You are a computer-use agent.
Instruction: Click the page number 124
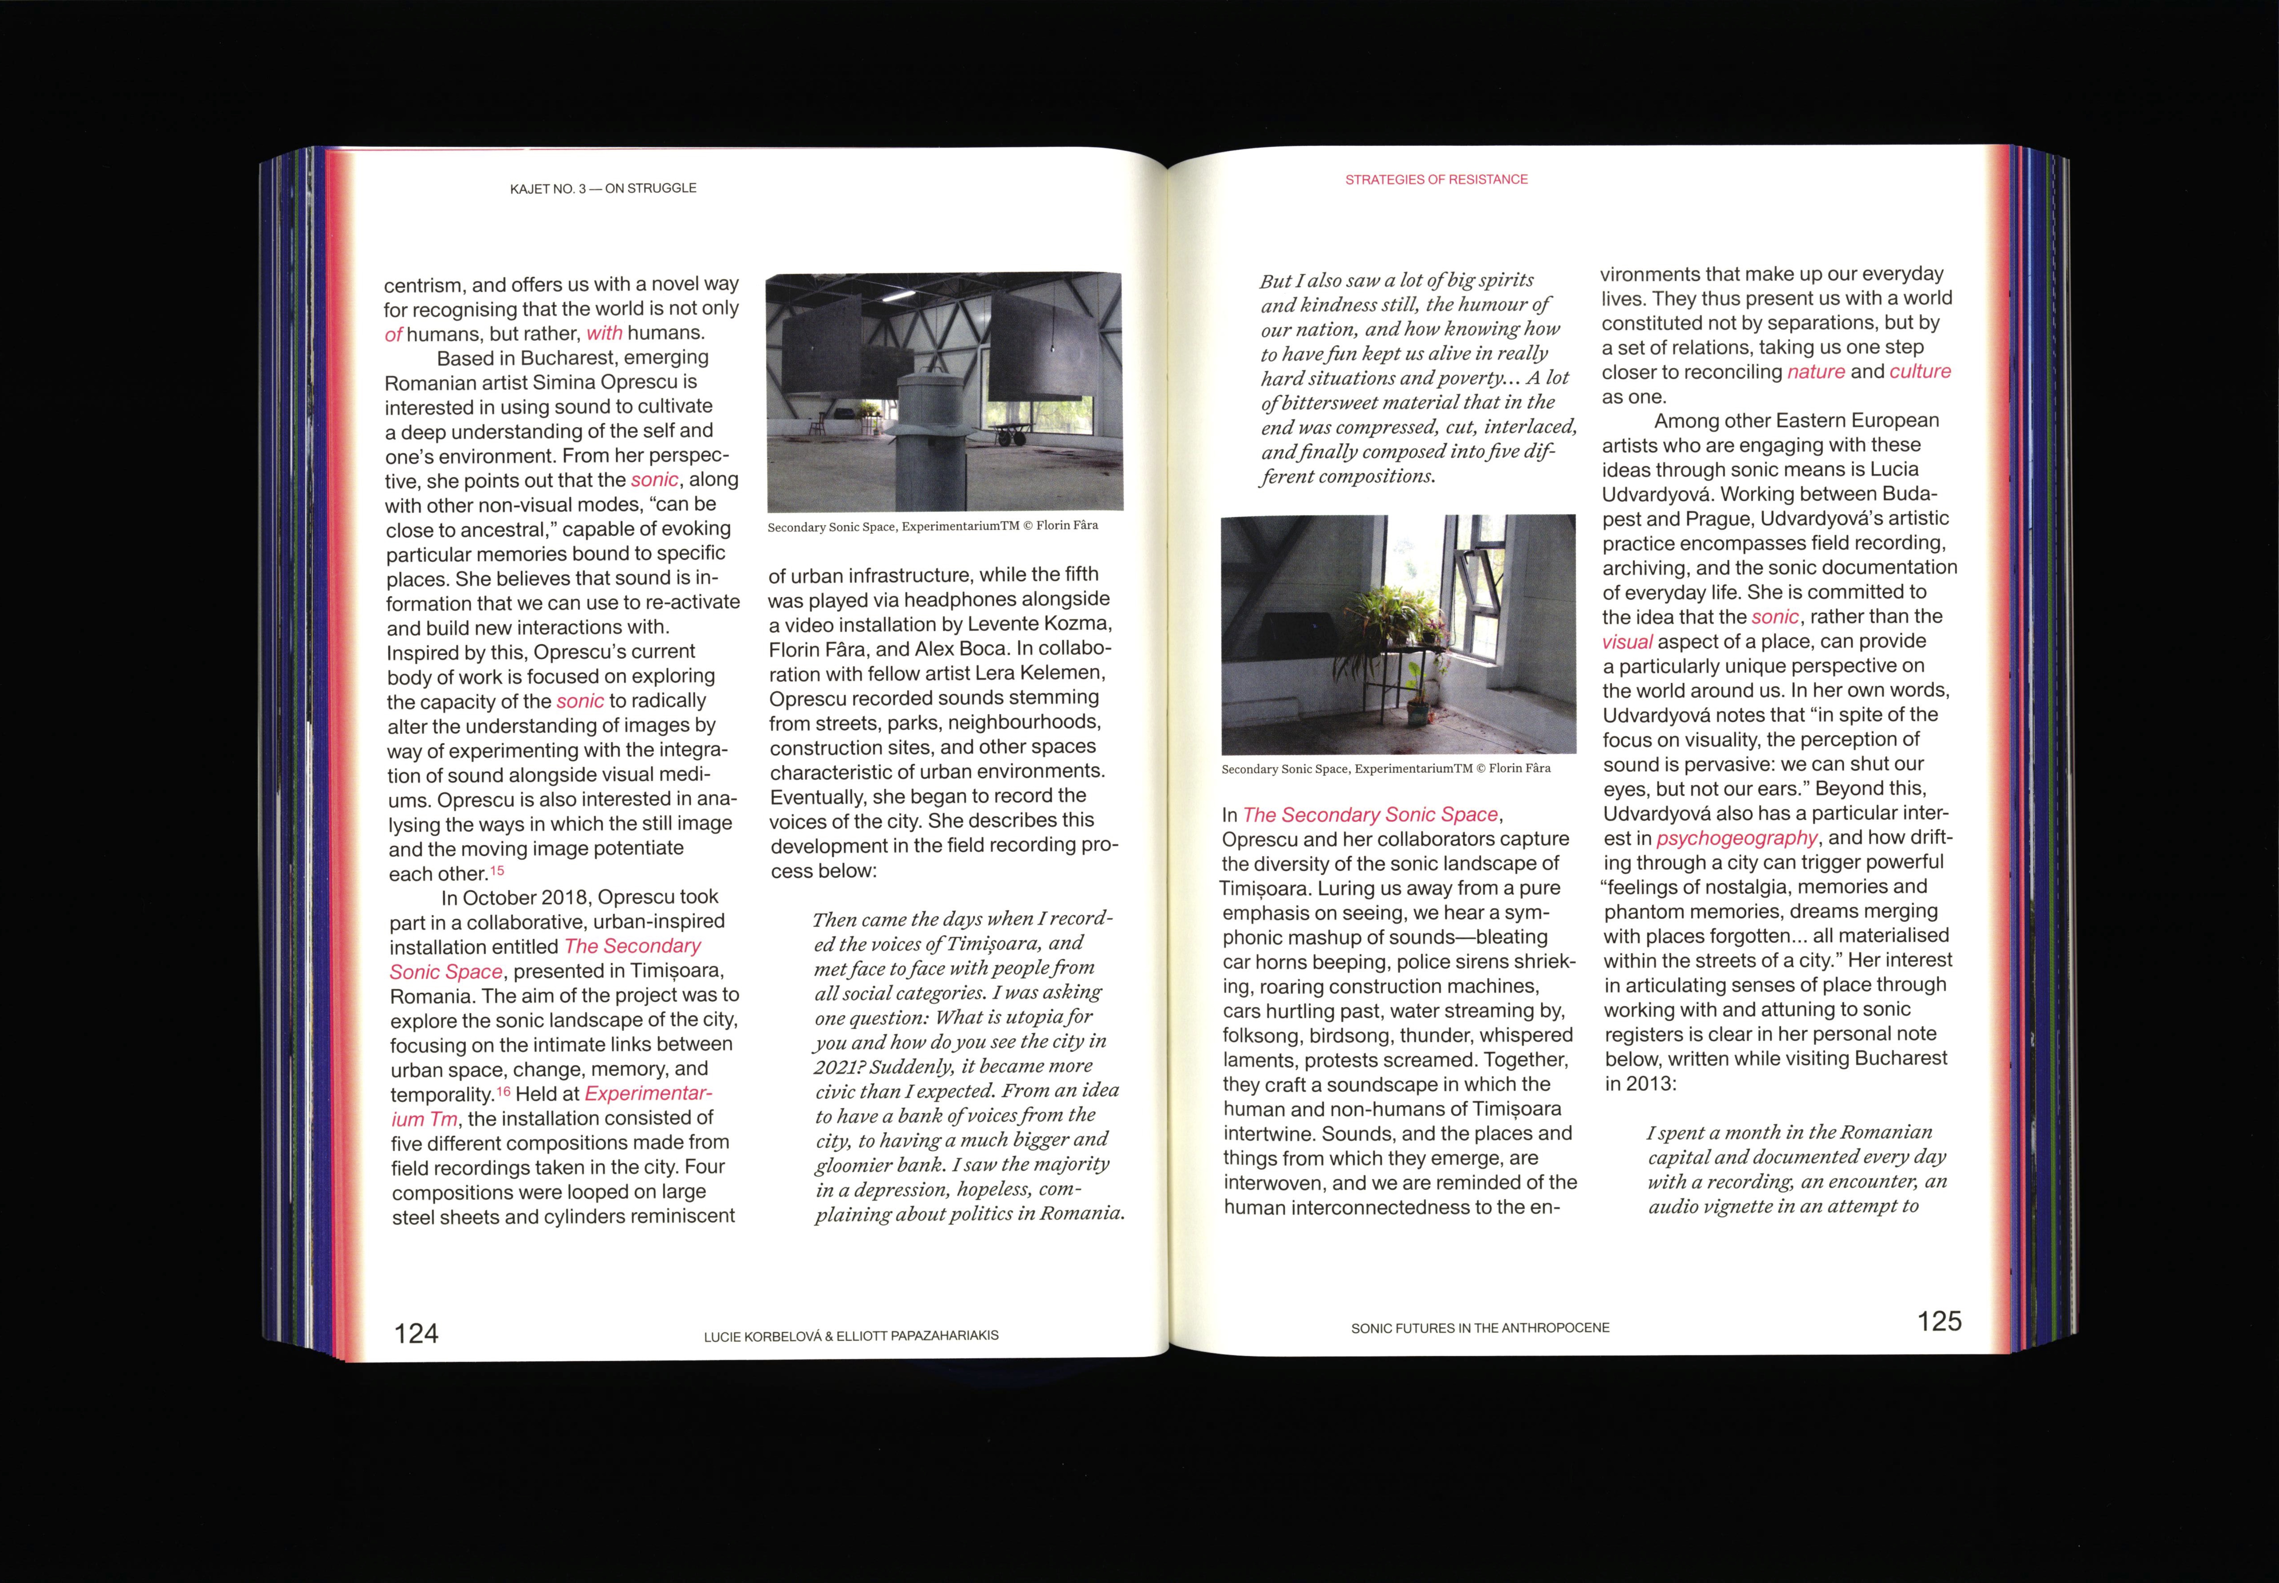[x=416, y=1333]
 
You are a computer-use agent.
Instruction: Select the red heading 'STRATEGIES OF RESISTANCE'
[x=1436, y=180]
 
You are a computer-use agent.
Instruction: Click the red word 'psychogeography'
[x=1736, y=838]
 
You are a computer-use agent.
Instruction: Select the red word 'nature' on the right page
[x=1816, y=372]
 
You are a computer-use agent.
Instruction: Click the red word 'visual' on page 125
[x=1627, y=642]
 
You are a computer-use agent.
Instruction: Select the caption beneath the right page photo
[x=1385, y=769]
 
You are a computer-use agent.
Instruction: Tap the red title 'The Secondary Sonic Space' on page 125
[x=1369, y=814]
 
